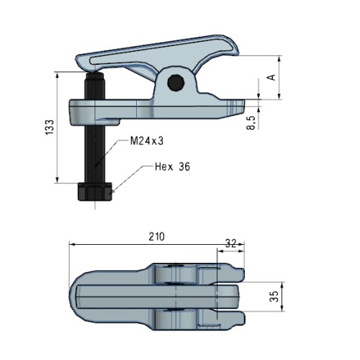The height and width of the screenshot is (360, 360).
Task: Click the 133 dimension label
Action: [x=50, y=127]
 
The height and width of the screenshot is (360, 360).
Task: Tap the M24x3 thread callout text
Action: [x=147, y=141]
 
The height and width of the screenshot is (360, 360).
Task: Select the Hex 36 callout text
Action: [x=172, y=166]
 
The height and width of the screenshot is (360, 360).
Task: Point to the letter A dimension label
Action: [x=271, y=77]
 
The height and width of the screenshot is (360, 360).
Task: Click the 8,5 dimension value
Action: [x=251, y=122]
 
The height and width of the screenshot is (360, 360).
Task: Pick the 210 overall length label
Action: [x=157, y=236]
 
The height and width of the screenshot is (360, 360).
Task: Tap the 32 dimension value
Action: [x=231, y=243]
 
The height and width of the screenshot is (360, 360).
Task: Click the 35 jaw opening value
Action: [x=274, y=296]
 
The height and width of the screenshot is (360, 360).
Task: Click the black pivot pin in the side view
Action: [x=176, y=83]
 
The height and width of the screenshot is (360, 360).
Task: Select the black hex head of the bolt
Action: [x=95, y=192]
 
